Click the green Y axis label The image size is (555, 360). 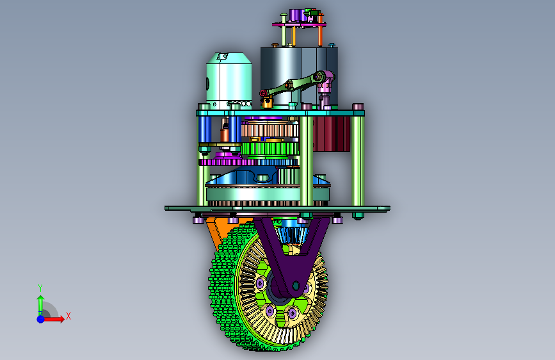pos(40,288)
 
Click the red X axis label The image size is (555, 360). pos(68,316)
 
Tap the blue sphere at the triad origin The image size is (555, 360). pos(41,319)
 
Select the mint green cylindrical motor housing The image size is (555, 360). pos(229,81)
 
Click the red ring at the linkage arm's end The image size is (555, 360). pos(263,94)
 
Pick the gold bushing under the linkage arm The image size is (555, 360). pos(267,102)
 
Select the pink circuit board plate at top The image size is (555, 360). pos(299,24)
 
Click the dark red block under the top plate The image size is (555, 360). pos(332,134)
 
